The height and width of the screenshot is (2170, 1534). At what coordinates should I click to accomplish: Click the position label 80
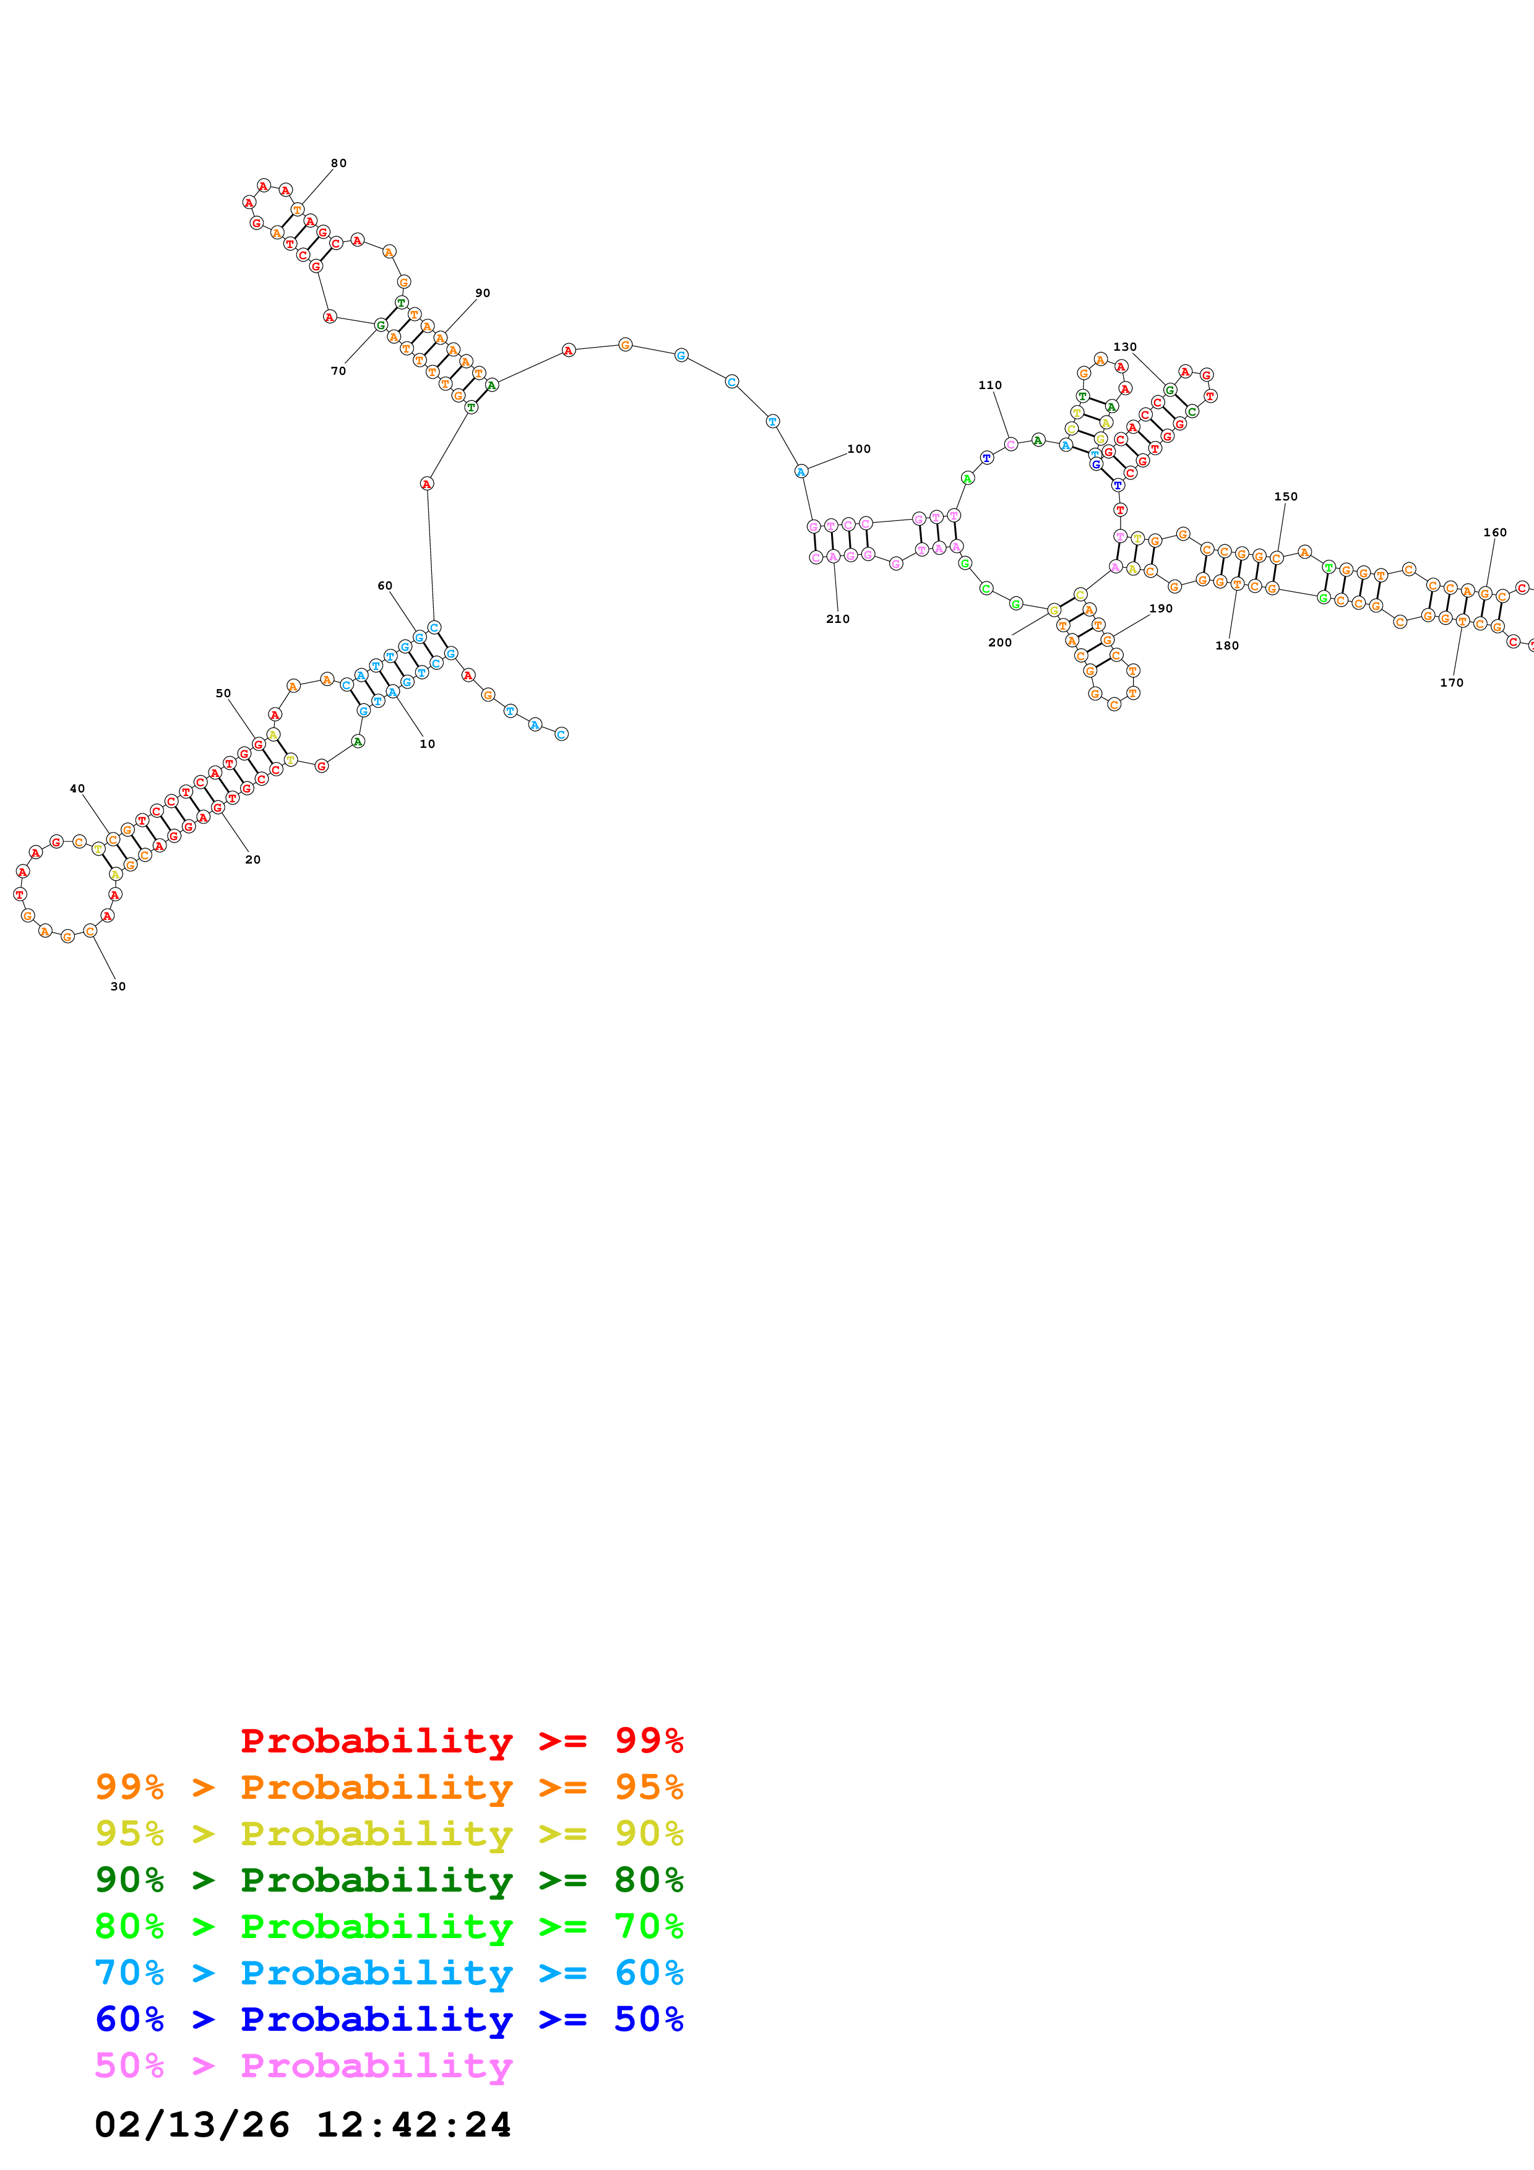[338, 163]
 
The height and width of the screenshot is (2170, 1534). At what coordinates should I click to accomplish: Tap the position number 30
[118, 987]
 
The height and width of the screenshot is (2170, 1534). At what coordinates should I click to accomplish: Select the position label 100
[858, 449]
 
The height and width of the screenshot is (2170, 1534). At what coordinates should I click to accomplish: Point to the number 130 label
[1125, 347]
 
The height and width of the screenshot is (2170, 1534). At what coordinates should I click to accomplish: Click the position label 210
[837, 619]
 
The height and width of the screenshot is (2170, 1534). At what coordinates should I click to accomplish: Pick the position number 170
[1452, 682]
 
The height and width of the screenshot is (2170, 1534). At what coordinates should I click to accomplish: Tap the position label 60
[385, 586]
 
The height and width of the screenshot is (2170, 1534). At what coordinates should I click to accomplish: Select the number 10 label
[427, 744]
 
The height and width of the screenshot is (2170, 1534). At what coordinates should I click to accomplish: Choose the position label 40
[77, 788]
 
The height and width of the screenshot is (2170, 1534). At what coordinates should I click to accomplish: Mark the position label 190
[1161, 609]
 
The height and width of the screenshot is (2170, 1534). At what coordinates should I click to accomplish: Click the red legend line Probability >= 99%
[461, 1741]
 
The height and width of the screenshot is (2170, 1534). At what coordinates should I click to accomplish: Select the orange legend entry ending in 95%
[389, 1787]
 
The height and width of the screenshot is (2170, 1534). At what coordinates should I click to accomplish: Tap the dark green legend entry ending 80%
[389, 1880]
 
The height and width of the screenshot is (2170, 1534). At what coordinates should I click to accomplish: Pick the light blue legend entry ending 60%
[389, 1973]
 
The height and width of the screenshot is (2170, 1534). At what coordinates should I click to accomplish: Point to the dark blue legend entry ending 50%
[389, 2019]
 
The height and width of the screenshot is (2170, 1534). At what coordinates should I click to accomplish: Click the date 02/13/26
[192, 2125]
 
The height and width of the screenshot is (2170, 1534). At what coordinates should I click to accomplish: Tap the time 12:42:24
[413, 2125]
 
